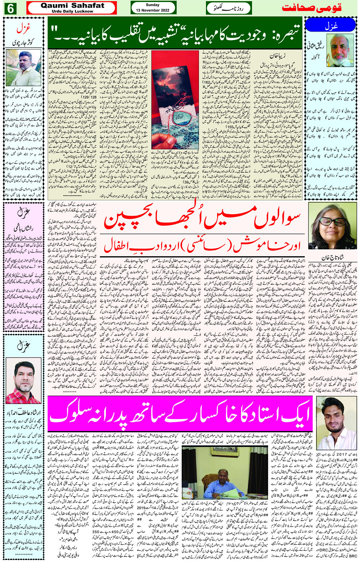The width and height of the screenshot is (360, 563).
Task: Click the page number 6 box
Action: tap(10, 8)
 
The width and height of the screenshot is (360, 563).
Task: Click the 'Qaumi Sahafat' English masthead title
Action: tap(72, 5)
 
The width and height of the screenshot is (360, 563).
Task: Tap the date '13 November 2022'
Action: tap(153, 10)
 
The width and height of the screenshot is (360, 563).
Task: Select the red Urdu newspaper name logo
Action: tap(311, 8)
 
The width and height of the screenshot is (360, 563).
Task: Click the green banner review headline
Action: tap(175, 33)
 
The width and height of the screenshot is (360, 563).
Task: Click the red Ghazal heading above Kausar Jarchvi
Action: tap(23, 29)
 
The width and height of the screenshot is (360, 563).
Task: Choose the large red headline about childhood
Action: tap(202, 220)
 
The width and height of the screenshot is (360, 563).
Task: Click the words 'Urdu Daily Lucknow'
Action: tap(72, 11)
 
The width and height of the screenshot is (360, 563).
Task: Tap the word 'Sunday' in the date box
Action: tap(153, 5)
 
